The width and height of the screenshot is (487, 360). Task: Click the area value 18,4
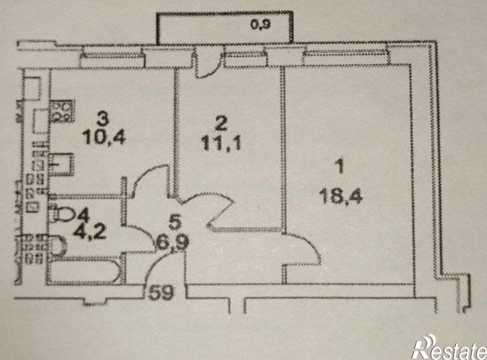point(341,197)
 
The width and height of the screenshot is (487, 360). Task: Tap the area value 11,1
point(221,144)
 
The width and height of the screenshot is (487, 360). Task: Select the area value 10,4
point(103,138)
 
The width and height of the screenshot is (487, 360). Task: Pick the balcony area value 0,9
point(261,25)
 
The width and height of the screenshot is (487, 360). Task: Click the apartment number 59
point(161,292)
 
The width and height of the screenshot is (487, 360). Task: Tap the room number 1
point(341,167)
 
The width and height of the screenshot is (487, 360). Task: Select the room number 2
point(221,124)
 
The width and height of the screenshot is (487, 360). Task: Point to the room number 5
point(174,222)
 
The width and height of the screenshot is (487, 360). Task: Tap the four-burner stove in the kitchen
point(62,111)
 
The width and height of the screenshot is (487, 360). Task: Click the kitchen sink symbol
point(62,163)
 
